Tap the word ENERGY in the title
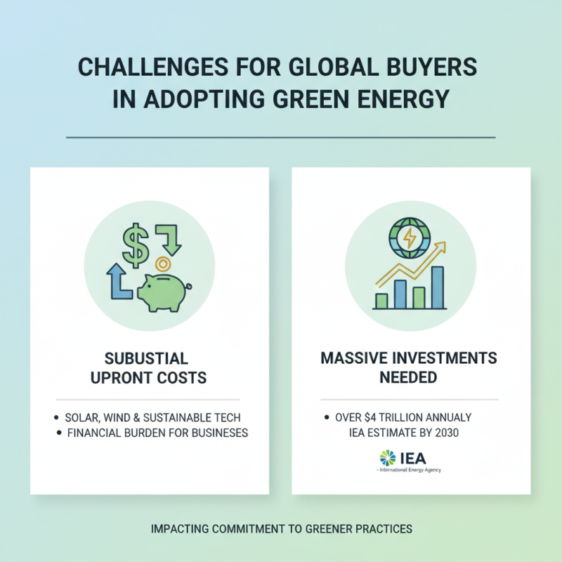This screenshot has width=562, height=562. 406,98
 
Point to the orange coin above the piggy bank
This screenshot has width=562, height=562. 163,265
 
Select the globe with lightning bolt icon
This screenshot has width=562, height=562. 407,237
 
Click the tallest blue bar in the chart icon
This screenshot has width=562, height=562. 437,287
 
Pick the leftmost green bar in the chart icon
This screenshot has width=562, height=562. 381,301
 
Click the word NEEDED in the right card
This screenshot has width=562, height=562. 408,377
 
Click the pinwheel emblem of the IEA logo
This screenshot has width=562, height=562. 388,457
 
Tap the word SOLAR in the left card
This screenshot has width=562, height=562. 82,417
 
